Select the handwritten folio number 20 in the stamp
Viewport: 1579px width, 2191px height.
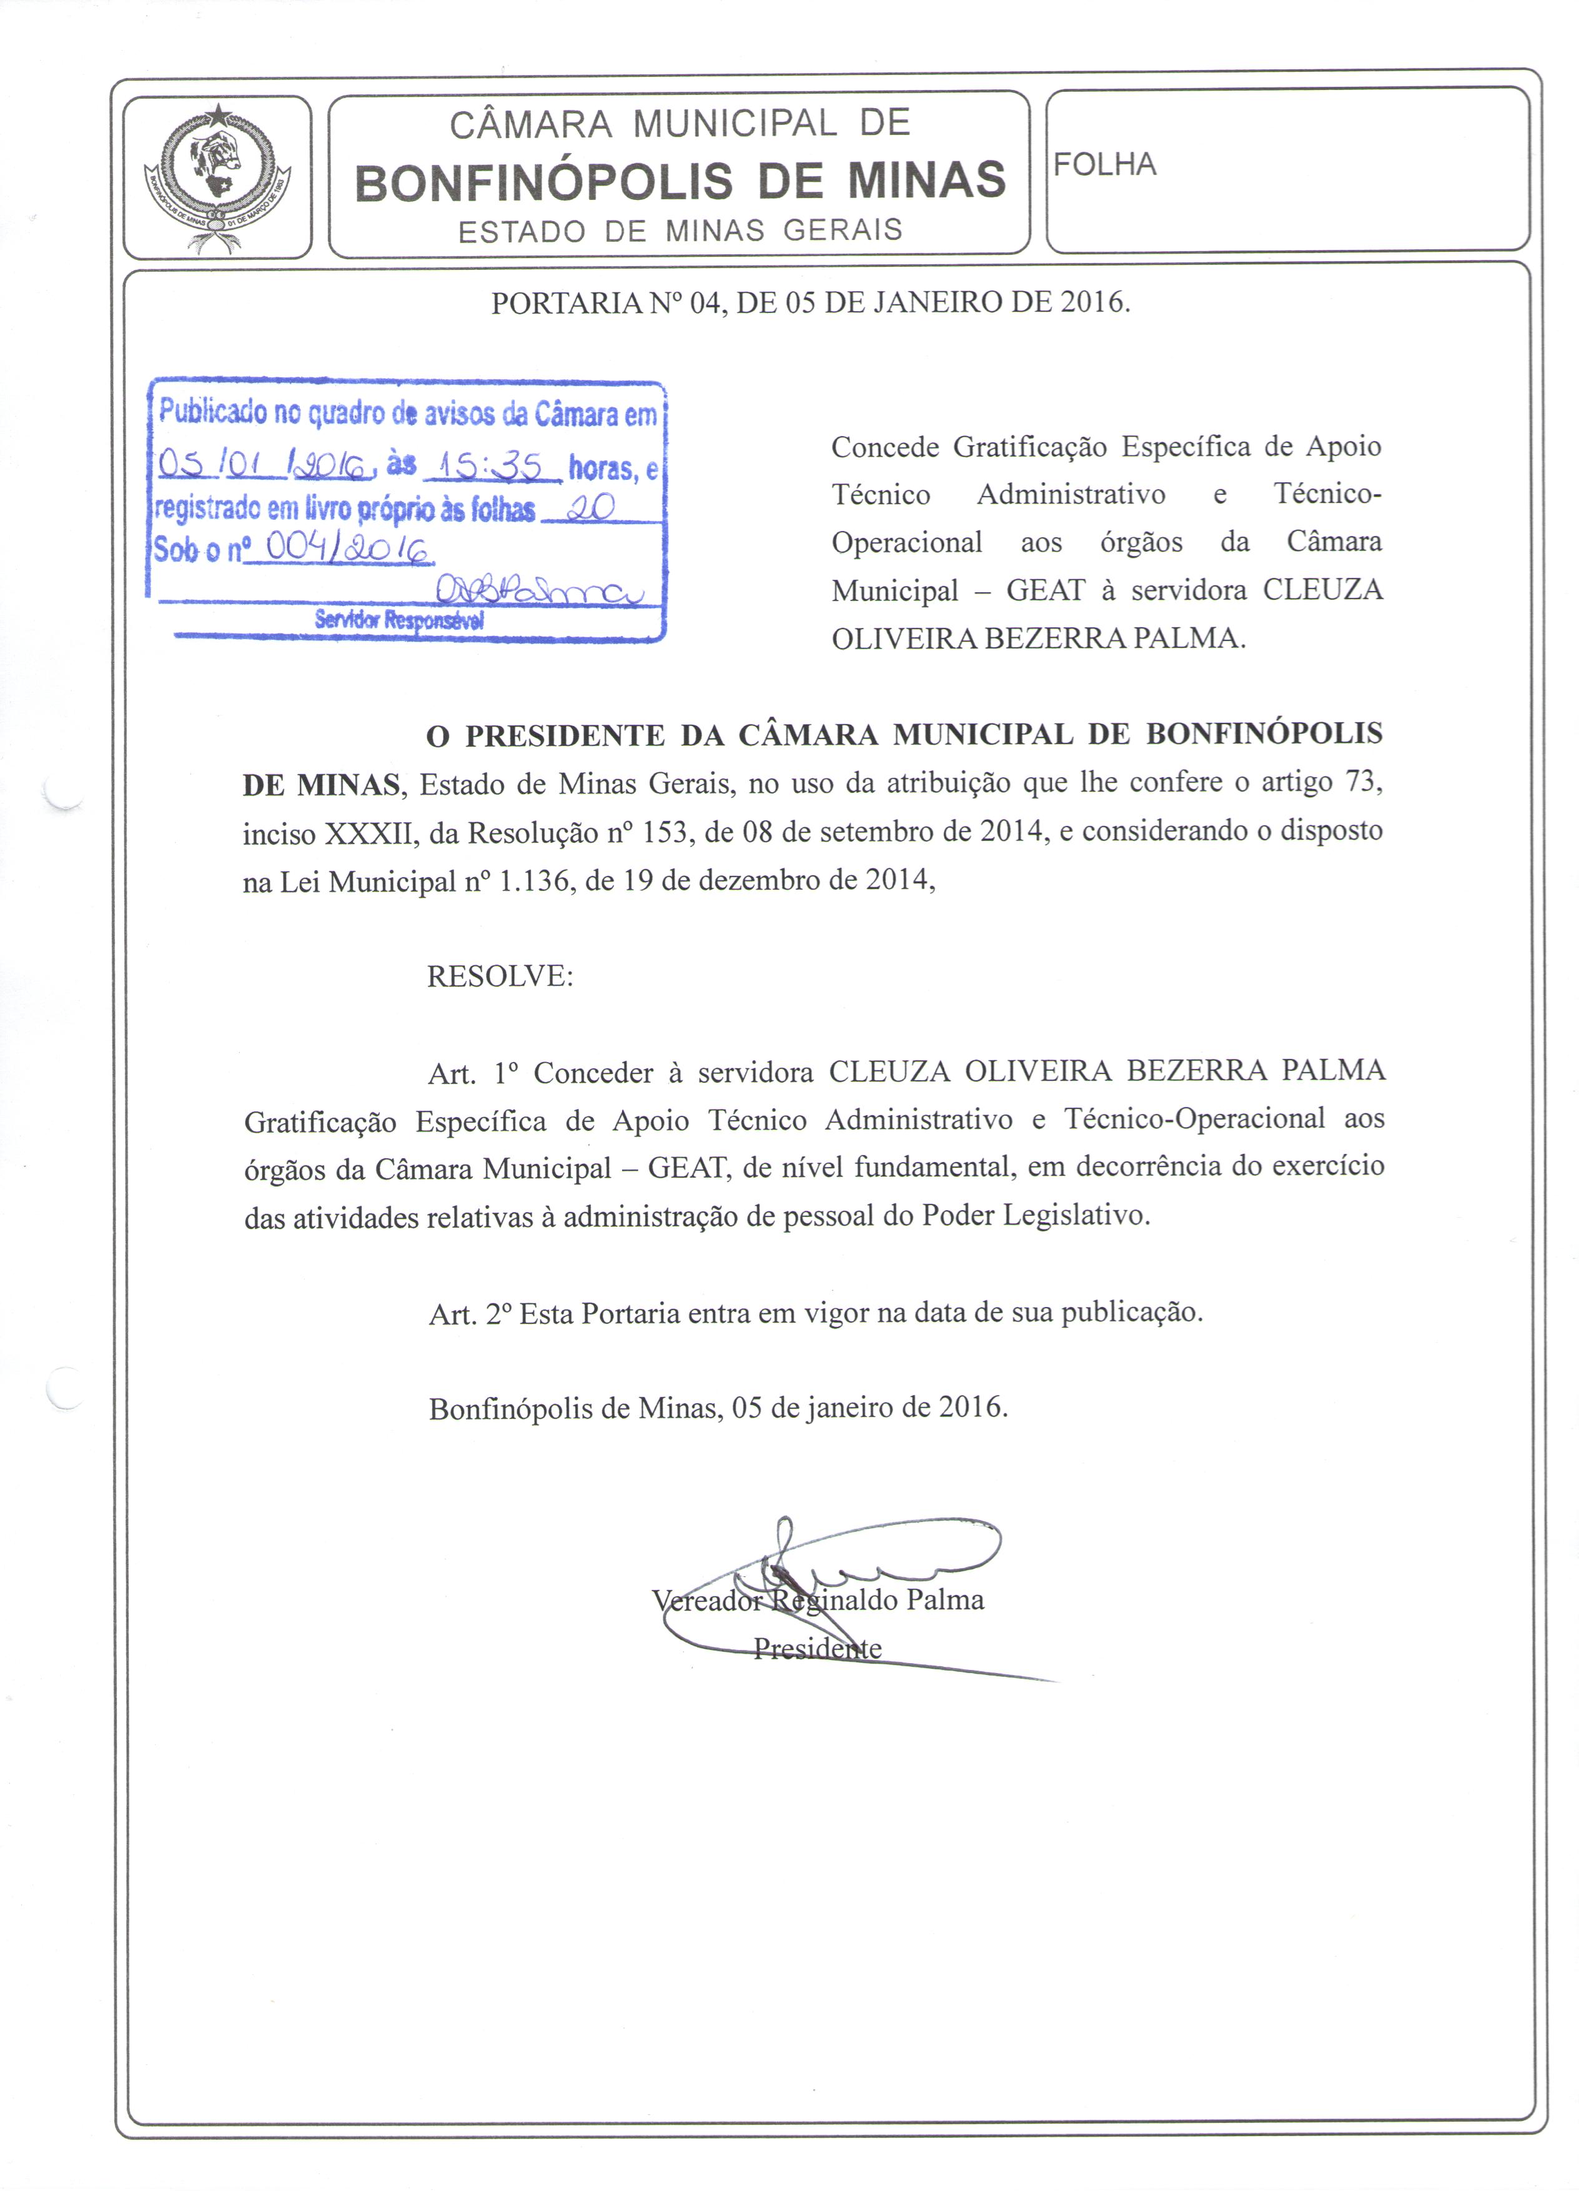[590, 508]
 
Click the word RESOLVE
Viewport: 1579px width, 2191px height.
[499, 976]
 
